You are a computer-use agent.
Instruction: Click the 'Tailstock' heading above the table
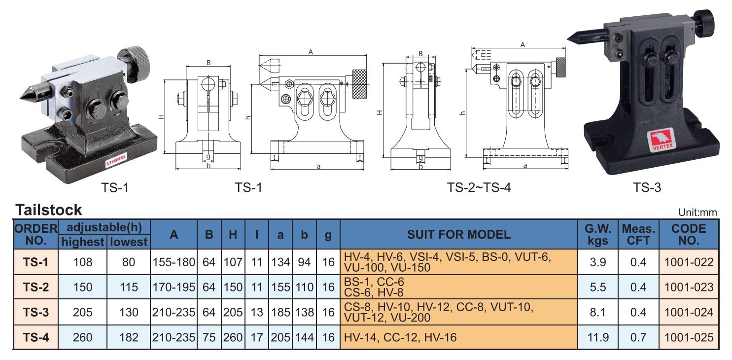click(49, 210)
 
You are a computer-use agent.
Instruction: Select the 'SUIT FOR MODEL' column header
click(458, 234)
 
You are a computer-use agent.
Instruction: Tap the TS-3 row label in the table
click(35, 312)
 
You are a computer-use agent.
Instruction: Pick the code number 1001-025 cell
click(689, 338)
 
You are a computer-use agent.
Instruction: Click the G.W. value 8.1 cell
click(597, 312)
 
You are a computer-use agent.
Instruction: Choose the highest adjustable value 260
click(82, 338)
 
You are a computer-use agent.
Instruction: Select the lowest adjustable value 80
click(128, 262)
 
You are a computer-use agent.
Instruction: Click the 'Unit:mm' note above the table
click(697, 213)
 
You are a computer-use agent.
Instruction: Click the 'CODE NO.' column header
click(689, 234)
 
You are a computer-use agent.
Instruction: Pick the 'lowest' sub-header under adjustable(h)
click(128, 242)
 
